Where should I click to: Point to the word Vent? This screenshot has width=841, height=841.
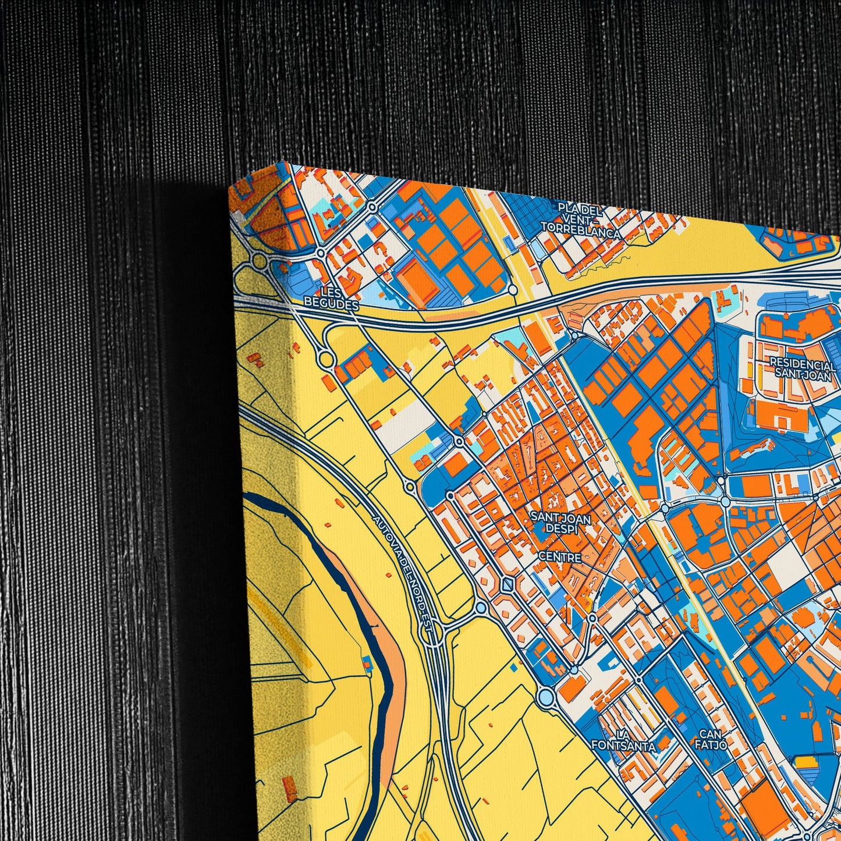580,218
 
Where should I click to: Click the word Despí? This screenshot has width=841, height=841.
559,528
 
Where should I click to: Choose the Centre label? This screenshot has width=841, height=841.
559,557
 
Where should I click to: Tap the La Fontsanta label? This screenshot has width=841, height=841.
623,740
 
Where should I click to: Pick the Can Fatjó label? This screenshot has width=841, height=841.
712,739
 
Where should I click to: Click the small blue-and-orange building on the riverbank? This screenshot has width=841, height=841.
367,662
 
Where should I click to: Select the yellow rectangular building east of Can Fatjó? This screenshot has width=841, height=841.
806,762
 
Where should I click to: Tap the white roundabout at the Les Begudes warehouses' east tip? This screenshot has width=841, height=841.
512,289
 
